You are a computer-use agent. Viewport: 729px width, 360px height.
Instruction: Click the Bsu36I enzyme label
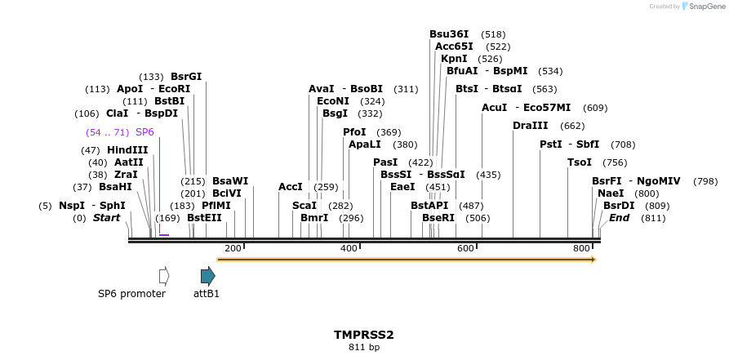(449, 34)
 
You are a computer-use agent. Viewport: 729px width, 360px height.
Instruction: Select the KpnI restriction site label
(454, 59)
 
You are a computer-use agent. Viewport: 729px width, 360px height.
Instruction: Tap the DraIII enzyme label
(530, 126)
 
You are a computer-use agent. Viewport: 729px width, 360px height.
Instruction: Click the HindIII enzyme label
(127, 150)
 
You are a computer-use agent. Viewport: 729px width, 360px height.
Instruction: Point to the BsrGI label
(186, 77)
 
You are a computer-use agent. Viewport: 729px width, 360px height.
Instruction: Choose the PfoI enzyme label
(354, 132)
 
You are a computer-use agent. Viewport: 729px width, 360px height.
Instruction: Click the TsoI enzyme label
(580, 162)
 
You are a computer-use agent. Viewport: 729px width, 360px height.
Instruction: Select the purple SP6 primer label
(144, 132)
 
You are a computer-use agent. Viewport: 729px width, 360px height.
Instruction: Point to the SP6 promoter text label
(131, 294)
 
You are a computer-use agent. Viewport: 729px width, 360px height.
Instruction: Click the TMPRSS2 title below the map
(363, 335)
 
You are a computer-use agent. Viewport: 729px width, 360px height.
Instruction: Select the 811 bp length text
(364, 348)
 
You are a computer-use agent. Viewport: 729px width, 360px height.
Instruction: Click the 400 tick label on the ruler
(349, 248)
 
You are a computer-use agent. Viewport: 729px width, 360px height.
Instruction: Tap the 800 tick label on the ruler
(581, 248)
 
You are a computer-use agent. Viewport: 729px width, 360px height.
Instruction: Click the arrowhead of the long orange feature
(593, 260)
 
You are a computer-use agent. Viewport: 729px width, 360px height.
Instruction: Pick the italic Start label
(106, 218)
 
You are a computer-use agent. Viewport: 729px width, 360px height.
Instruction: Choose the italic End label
(619, 218)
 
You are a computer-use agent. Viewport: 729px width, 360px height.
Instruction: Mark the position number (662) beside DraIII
(572, 126)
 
